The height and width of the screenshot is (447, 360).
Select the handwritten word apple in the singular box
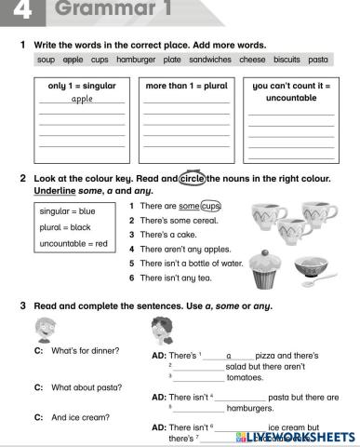83,97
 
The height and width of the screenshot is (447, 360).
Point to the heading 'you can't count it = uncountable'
291,90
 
